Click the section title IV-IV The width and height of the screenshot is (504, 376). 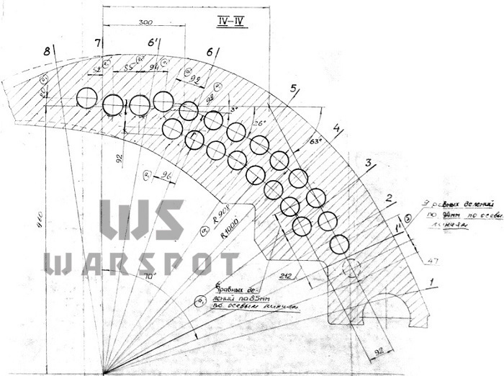click(232, 20)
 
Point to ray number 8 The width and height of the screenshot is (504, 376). click(48, 51)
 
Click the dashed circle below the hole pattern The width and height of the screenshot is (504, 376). click(351, 268)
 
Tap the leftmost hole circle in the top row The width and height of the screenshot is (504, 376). click(86, 97)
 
